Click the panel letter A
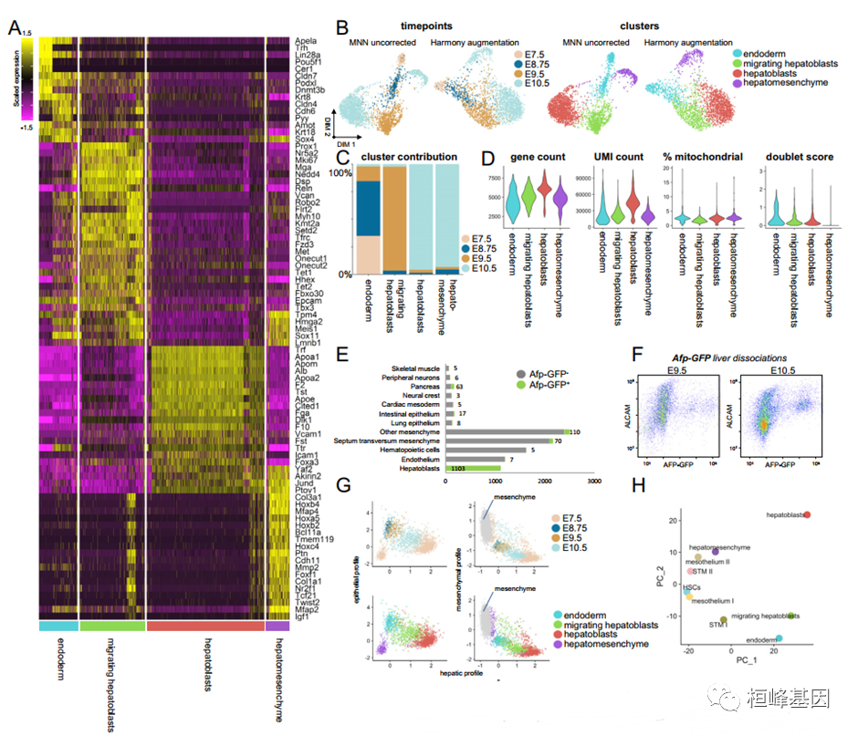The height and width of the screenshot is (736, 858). click(15, 29)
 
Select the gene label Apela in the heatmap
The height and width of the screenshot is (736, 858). click(308, 41)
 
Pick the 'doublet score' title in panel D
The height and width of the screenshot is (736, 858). click(798, 157)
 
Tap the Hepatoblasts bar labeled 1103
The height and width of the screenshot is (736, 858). click(474, 468)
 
